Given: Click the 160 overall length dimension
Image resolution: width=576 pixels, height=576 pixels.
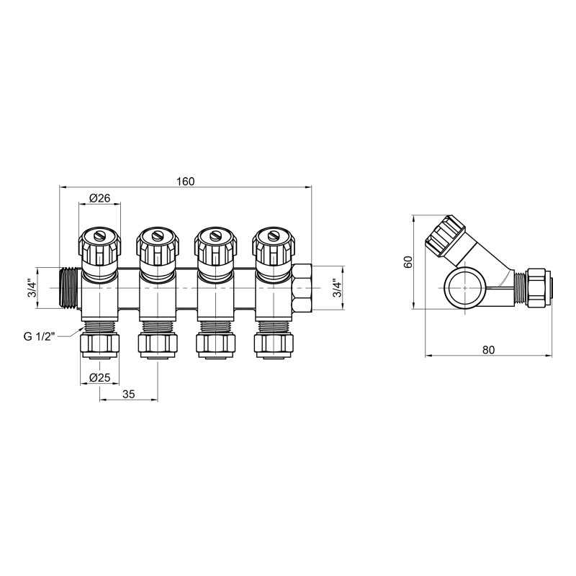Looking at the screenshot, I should tap(185, 181).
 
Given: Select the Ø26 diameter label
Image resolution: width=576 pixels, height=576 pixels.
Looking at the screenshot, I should tap(99, 199).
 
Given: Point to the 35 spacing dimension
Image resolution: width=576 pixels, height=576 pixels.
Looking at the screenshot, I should tap(129, 394).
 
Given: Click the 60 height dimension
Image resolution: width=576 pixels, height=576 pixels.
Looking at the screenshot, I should tap(408, 262).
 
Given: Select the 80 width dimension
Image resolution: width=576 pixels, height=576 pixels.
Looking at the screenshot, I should tap(487, 351).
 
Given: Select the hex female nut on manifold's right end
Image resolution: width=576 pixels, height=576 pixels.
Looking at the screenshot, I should tap(302, 288).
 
